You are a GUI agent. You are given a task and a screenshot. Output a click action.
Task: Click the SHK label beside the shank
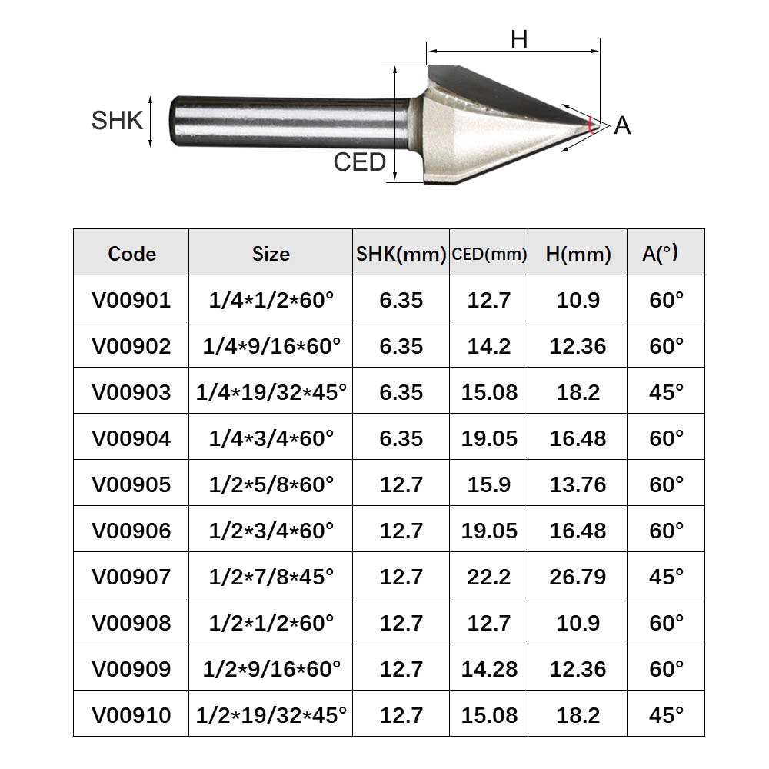pos(117,121)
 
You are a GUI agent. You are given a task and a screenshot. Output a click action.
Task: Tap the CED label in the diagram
pos(359,162)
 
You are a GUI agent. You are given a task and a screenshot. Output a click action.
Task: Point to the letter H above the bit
pos(519,39)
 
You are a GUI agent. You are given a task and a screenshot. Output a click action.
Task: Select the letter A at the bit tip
pos(622,125)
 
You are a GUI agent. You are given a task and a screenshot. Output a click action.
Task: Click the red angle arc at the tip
pos(590,125)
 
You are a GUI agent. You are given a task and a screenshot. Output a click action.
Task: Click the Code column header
pos(131,254)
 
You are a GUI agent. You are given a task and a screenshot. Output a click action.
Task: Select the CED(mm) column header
pos(489,254)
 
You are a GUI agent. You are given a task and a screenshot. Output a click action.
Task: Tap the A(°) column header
pos(660,253)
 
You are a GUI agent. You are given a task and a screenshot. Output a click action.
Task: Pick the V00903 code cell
pos(131,392)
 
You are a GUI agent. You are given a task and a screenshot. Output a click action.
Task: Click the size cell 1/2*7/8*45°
pos(271,577)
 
